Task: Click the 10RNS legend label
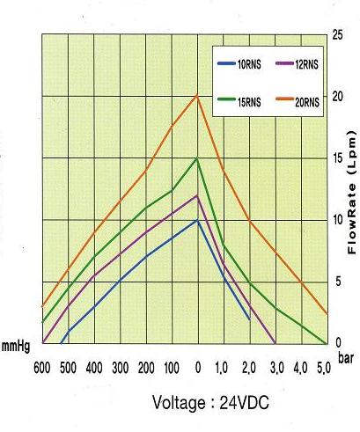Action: pos(249,64)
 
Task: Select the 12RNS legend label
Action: pos(306,64)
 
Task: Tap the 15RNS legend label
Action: pos(249,102)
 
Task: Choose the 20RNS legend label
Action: pos(307,102)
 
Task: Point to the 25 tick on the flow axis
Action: pos(338,35)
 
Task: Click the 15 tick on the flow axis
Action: pos(338,158)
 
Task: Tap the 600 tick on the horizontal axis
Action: pos(42,368)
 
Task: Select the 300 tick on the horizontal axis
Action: pos(121,368)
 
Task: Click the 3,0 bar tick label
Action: pos(276,368)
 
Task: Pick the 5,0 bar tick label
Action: pos(324,368)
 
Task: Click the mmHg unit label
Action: pos(16,347)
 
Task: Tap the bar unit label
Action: pos(346,358)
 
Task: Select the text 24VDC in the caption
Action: pos(244,403)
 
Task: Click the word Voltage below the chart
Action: pos(179,403)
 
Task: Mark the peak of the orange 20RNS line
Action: pos(197,96)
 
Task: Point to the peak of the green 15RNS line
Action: pos(197,158)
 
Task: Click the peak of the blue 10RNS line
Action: pos(197,220)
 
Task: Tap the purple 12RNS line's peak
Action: pos(197,195)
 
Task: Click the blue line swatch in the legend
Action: pos(226,63)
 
